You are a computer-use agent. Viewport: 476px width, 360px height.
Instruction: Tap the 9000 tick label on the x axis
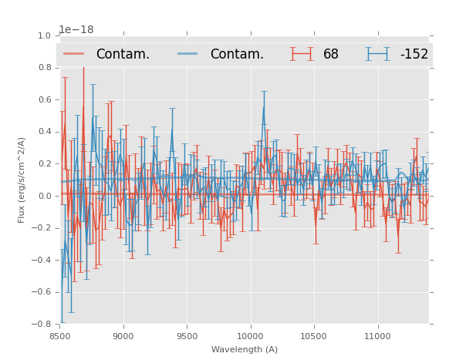[x=123, y=336]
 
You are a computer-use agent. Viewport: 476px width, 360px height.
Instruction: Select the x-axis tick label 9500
[x=187, y=336]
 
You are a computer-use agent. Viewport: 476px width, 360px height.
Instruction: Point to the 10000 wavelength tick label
[x=250, y=336]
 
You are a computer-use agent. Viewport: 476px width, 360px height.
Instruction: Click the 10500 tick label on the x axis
[x=314, y=336]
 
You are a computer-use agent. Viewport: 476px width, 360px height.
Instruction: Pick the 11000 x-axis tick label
[x=377, y=336]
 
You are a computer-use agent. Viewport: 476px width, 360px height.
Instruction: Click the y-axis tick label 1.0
[x=45, y=35]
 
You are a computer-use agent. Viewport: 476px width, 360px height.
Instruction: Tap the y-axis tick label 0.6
[x=45, y=99]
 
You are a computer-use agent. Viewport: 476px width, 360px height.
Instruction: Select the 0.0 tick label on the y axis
[x=45, y=196]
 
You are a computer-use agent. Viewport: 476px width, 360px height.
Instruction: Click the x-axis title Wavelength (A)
[x=244, y=349]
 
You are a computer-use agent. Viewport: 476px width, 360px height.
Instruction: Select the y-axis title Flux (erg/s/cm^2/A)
[x=22, y=180]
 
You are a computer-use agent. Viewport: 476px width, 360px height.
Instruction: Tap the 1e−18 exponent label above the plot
[x=76, y=30]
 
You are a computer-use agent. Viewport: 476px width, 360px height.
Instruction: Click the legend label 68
[x=331, y=54]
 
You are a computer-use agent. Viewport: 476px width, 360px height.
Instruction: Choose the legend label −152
[x=414, y=54]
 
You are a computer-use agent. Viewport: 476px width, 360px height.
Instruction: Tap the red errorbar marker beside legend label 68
[x=302, y=54]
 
